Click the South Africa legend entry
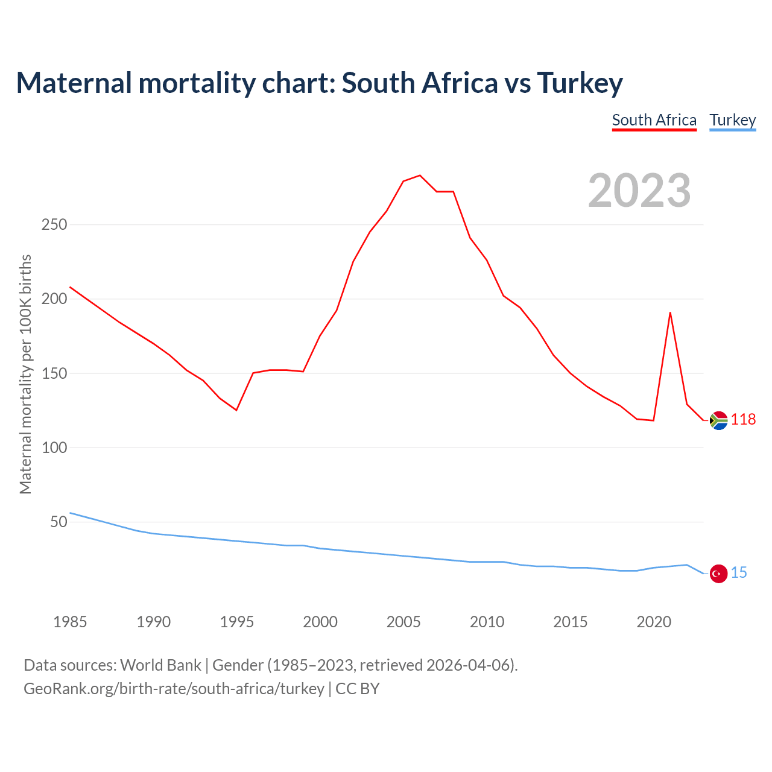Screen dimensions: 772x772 654,120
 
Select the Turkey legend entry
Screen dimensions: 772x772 732,120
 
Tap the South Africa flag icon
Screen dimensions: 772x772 718,420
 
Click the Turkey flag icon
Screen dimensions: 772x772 718,574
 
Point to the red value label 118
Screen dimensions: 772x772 743,419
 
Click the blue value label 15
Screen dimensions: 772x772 739,572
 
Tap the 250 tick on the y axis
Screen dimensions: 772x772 54,224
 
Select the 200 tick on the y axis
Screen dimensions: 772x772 54,299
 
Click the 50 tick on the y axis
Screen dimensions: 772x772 59,522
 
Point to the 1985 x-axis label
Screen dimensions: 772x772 70,622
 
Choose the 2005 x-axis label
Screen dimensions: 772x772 403,622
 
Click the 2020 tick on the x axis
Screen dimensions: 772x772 654,622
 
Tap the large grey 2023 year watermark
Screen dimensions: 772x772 639,191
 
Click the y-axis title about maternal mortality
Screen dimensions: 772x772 25,374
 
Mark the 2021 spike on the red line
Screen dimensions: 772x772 670,312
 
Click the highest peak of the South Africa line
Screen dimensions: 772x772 420,176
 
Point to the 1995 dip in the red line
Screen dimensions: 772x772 236,410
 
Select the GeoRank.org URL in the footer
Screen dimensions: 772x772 174,688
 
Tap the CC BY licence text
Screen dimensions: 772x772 358,688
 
